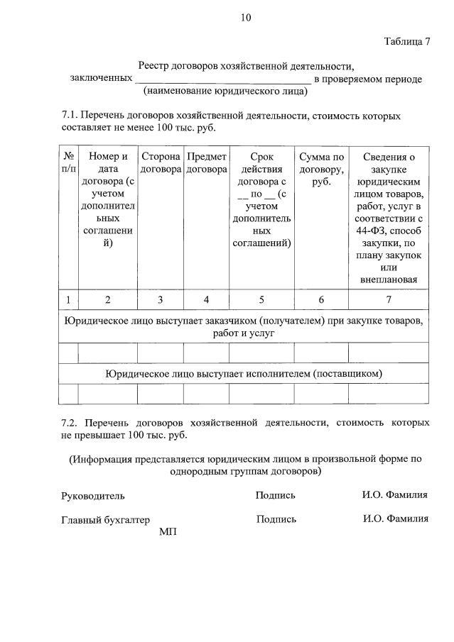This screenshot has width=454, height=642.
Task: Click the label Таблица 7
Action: (x=407, y=40)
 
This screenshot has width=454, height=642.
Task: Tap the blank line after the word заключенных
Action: (x=222, y=79)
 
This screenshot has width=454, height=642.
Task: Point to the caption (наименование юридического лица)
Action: (x=225, y=91)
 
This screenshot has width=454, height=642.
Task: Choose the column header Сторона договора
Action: (x=160, y=162)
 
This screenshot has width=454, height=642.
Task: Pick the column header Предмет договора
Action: (x=206, y=162)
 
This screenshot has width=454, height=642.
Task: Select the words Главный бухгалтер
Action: (x=106, y=520)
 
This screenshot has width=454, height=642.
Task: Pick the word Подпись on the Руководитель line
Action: (x=275, y=495)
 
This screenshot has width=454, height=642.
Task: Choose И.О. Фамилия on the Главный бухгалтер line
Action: (x=395, y=519)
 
